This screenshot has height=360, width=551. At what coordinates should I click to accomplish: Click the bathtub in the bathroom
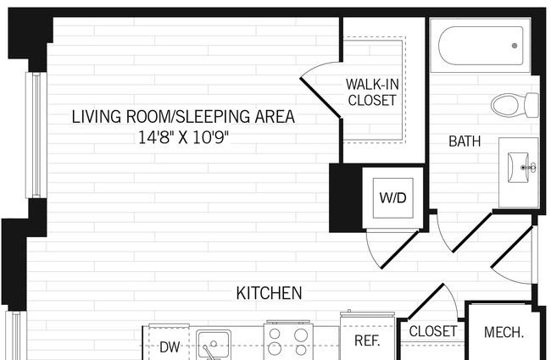(481, 46)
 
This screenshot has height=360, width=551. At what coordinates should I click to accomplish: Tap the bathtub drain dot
(515, 46)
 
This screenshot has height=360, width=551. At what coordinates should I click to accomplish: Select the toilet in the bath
(515, 105)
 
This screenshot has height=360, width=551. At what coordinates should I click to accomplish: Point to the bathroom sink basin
(518, 168)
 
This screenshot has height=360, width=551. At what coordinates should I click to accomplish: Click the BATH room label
(465, 141)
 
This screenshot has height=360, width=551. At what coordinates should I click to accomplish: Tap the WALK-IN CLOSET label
(372, 92)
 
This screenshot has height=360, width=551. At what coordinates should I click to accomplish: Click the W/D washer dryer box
(392, 198)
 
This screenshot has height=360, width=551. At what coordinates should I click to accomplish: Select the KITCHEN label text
(269, 293)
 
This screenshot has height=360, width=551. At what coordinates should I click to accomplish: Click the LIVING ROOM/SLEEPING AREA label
(183, 117)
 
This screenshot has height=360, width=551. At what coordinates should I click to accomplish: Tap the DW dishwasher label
(170, 347)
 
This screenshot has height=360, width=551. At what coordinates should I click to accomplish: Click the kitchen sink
(214, 345)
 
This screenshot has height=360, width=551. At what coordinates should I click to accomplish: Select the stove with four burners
(288, 341)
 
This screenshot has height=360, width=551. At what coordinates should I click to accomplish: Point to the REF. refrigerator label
(367, 341)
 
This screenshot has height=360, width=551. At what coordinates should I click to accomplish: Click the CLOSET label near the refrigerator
(433, 331)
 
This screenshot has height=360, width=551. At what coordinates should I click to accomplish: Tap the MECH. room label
(504, 332)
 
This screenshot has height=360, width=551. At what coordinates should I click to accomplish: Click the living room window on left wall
(36, 135)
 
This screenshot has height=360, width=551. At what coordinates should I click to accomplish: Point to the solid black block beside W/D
(346, 198)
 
